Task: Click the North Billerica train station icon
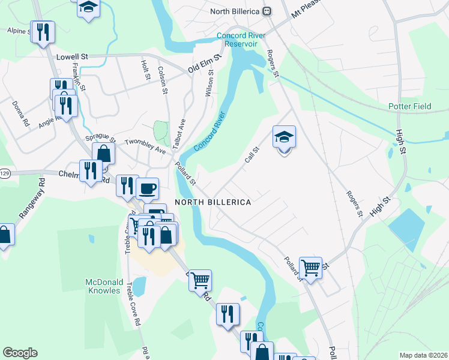tap(267, 11)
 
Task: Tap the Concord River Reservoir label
tap(237, 40)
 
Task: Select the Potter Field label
tap(414, 106)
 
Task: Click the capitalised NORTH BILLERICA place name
tap(212, 202)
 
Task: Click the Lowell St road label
tap(72, 57)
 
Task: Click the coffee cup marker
tap(147, 188)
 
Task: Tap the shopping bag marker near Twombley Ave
tap(103, 153)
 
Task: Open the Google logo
tap(20, 353)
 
